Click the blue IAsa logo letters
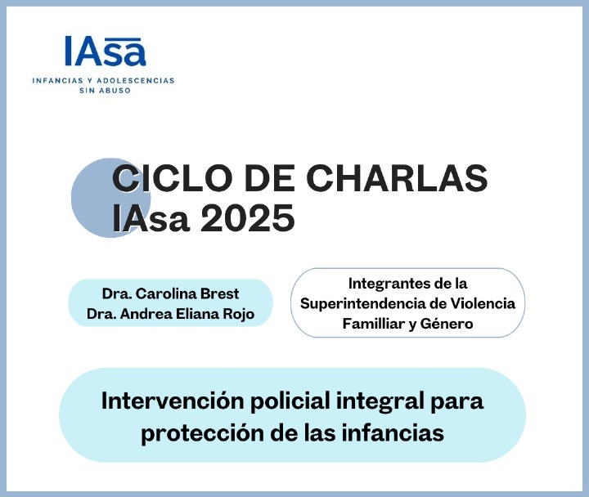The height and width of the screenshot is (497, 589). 105,51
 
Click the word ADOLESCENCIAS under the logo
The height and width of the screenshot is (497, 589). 136,80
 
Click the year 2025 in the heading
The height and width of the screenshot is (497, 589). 247,218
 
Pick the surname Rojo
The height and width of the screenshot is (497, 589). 239,314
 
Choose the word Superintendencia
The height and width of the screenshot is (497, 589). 362,304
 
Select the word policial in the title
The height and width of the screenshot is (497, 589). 290,401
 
